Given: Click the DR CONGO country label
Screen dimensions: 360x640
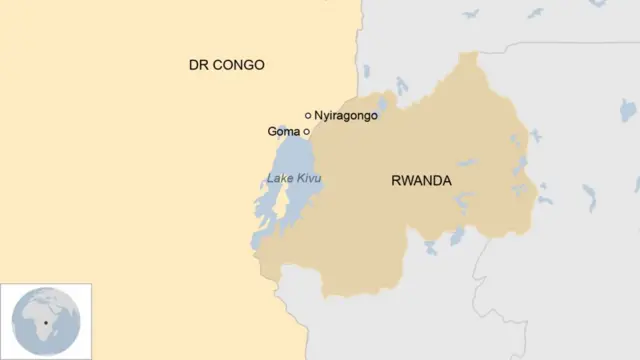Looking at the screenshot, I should click(x=227, y=65).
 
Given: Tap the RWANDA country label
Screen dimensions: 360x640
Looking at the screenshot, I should click(x=421, y=181).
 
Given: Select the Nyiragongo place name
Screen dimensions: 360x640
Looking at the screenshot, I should click(x=346, y=116).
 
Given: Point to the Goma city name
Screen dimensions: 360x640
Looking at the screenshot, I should click(x=284, y=132).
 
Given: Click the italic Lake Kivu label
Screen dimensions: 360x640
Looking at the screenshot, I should click(x=294, y=179).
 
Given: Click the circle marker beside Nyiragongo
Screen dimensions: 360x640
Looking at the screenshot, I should click(x=308, y=116).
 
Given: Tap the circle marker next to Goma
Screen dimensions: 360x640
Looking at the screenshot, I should click(x=307, y=132).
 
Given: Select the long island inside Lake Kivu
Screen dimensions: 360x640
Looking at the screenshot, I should click(x=282, y=206).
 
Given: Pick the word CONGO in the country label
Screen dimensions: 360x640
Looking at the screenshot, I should click(x=239, y=65).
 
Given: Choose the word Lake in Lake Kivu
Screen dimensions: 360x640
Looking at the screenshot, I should click(x=280, y=179).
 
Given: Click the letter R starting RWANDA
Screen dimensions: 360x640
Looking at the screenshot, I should click(x=395, y=181).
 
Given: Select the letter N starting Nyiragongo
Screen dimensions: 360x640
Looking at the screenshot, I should click(x=319, y=116).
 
